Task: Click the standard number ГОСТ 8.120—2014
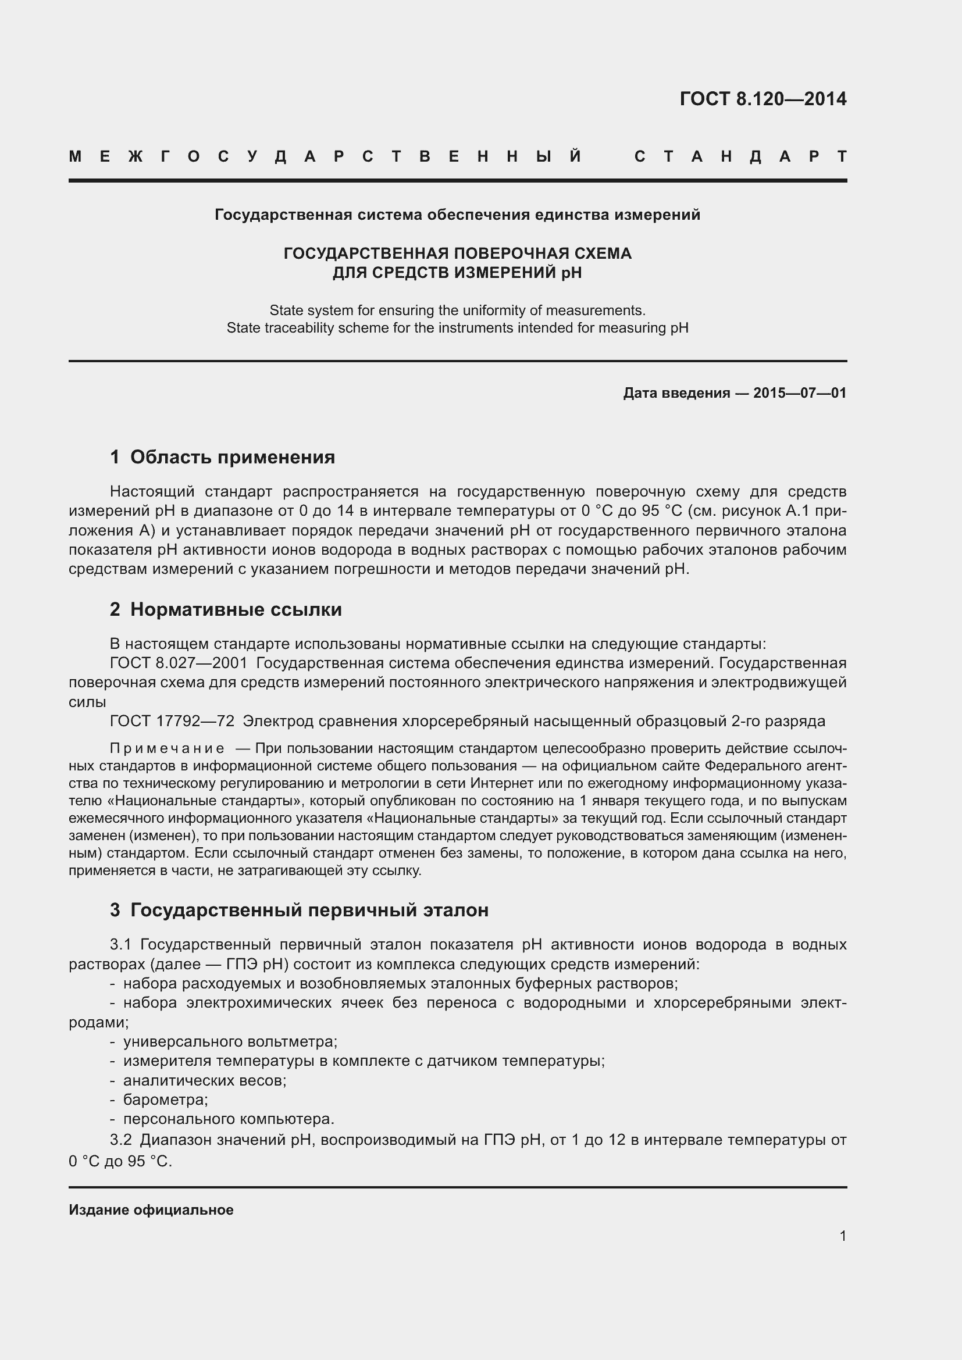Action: pos(763,99)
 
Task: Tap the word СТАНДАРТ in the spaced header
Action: pos(740,156)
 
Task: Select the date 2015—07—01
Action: pos(800,392)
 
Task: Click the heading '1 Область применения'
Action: pos(223,457)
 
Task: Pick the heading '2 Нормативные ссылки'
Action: pos(226,609)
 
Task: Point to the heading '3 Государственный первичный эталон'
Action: pos(299,910)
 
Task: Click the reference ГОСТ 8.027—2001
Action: pos(179,663)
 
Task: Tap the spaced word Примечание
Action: pos(167,749)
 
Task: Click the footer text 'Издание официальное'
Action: pos(151,1209)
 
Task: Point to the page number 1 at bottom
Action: pos(843,1236)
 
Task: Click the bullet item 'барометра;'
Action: pos(165,1100)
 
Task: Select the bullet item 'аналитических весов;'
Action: pos(204,1080)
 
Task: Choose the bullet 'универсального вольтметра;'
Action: pos(230,1041)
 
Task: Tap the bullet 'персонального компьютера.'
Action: pos(229,1119)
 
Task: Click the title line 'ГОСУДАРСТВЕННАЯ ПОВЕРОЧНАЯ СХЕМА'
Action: pos(457,254)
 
